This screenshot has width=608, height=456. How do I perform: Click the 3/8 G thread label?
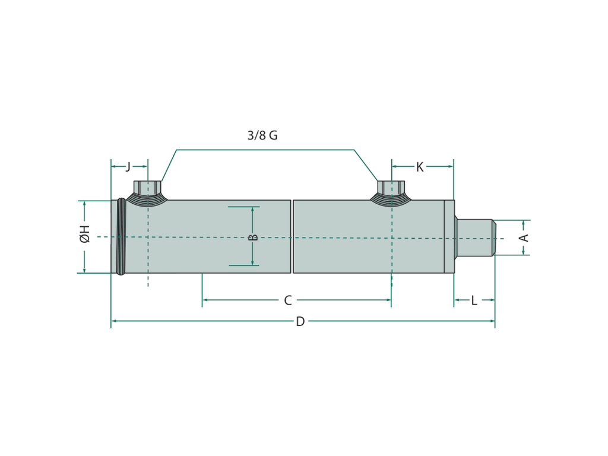[262, 135]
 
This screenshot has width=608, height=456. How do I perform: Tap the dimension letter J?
[128, 167]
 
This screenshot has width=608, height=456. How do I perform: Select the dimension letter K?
[420, 167]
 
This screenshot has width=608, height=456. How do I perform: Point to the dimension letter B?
[253, 237]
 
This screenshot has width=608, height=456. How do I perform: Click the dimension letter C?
[288, 300]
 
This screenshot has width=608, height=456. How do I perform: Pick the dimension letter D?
[300, 321]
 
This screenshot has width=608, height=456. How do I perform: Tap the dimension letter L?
[474, 300]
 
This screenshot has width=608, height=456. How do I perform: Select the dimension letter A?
[524, 237]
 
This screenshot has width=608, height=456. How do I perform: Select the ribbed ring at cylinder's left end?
[121, 236]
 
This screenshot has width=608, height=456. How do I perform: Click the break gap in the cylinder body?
[292, 236]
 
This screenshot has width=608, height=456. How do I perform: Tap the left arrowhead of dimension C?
[205, 300]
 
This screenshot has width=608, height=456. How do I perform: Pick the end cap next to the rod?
[449, 236]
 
